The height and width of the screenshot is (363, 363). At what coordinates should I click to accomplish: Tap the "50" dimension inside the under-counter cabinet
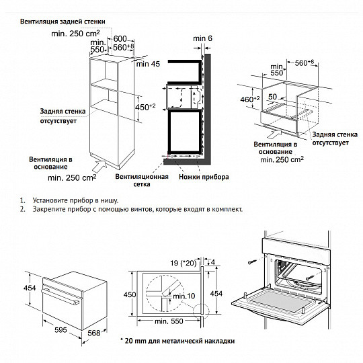pos(274,97)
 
